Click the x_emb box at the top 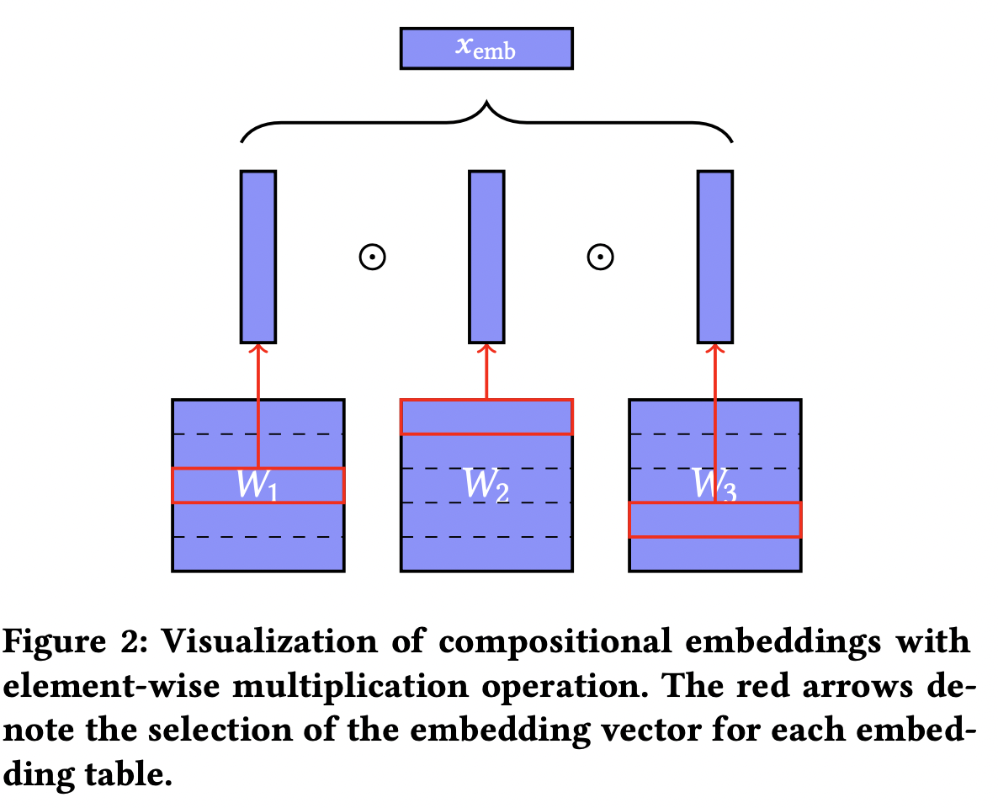486,48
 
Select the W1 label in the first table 257,486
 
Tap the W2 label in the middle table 486,485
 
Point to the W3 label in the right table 714,486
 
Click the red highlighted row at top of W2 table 486,417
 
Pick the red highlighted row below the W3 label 714,519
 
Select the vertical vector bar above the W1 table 257,257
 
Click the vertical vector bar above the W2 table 486,257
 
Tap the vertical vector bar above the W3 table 714,257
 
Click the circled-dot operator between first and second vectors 372,258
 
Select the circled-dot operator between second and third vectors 600,258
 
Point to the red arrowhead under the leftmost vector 257,348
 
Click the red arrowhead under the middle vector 486,348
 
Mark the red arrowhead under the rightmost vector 714,348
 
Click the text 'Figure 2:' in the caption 75,644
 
